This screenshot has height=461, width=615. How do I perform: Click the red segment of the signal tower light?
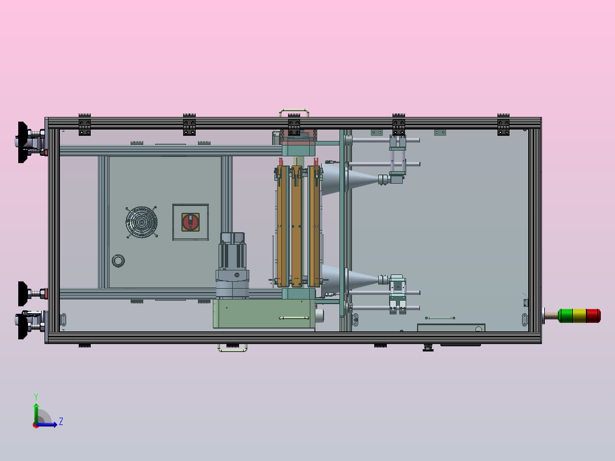[x=593, y=316]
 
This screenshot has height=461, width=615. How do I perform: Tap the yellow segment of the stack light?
[x=579, y=316]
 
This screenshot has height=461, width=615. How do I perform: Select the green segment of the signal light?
[x=565, y=316]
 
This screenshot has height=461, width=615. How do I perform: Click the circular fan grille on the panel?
[x=141, y=221]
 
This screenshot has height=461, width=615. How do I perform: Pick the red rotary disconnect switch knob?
[x=191, y=222]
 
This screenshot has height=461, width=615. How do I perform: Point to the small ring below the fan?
[x=118, y=261]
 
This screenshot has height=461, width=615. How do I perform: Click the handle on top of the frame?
[x=294, y=111]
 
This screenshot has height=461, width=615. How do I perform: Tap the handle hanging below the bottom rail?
[x=232, y=348]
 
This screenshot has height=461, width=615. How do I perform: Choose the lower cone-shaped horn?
[x=357, y=279]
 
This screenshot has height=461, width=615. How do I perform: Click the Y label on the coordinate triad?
[x=35, y=396]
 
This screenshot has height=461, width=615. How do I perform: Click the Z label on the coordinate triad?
[x=60, y=422]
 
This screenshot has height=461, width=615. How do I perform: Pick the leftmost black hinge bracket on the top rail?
[x=84, y=124]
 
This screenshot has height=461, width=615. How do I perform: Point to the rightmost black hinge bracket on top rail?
[x=503, y=124]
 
